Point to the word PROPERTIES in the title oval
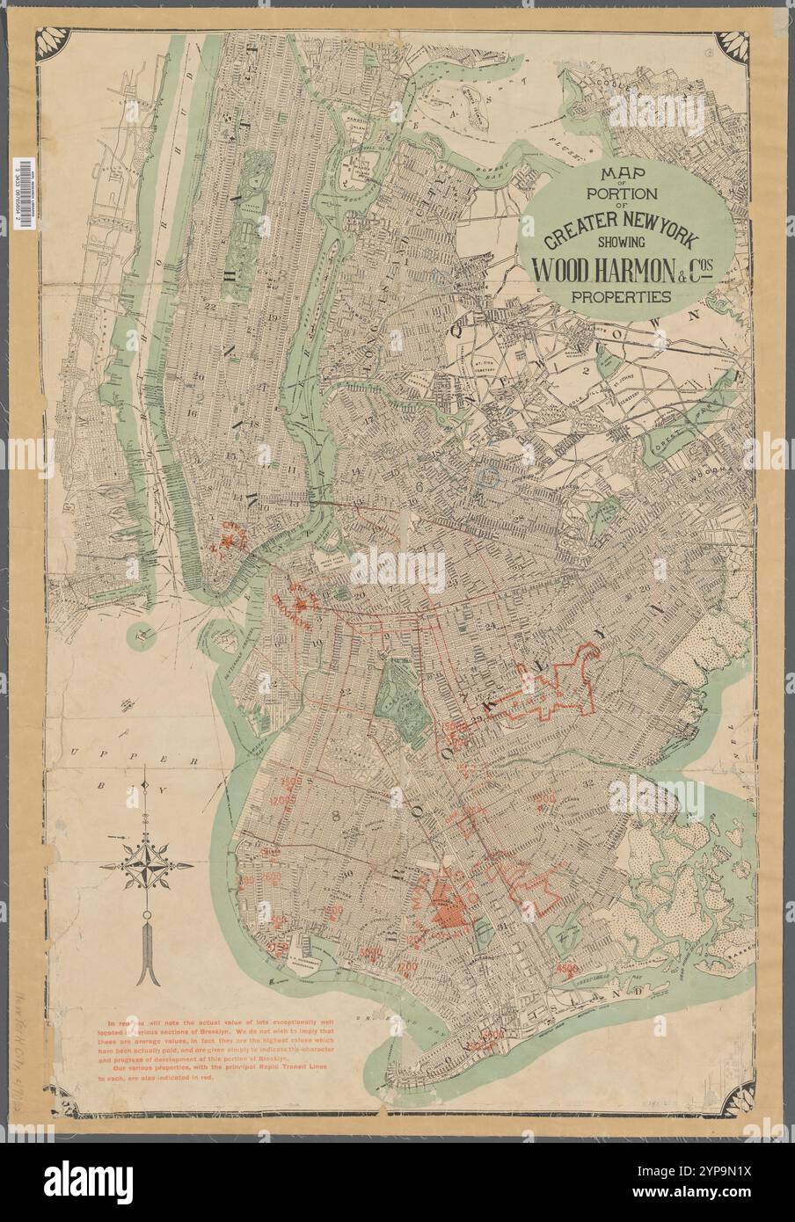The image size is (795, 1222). click(x=621, y=296)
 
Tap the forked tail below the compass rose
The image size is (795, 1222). click(x=147, y=967)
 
